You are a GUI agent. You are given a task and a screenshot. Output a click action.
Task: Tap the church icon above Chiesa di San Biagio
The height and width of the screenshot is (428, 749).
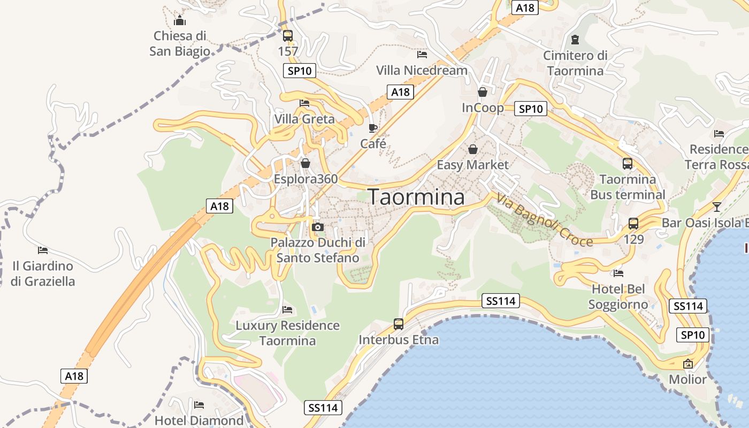tap(180, 21)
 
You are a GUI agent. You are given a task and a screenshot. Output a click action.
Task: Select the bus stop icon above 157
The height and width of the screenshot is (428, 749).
tap(288, 36)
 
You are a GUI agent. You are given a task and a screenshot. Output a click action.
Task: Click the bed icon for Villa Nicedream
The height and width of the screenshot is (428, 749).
tap(422, 54)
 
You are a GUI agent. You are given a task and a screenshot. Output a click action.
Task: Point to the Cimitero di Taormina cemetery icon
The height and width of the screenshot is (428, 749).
tap(575, 39)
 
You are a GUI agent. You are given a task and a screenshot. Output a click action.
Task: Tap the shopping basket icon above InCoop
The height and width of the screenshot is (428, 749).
tap(483, 91)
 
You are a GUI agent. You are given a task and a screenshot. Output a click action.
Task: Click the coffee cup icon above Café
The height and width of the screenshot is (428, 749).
tap(373, 128)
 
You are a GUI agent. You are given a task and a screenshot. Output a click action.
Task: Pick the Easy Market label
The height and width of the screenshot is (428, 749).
tap(472, 165)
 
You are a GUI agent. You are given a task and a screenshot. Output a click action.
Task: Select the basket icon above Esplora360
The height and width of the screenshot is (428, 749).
tap(305, 163)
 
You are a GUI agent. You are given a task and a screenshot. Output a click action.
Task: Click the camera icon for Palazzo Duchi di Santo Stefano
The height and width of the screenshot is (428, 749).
tap(318, 227)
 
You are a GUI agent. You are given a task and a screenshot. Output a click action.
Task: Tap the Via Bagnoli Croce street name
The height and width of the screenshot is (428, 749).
tap(545, 219)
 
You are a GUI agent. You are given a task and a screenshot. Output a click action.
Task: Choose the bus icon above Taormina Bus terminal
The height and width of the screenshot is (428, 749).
tap(628, 164)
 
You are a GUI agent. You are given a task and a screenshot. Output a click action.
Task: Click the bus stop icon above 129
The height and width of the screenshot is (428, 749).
tap(633, 224)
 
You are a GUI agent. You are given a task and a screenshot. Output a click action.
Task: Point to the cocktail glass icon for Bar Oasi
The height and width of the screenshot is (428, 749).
tap(717, 207)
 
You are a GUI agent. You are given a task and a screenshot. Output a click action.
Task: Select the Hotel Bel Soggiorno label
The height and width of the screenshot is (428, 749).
tap(618, 297)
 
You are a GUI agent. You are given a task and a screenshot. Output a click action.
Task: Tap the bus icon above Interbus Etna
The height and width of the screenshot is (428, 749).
tap(399, 324)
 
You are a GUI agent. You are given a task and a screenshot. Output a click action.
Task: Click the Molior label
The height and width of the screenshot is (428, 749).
tap(688, 379)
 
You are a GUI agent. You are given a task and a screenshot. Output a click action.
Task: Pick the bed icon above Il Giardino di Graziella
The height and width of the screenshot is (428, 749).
tap(43, 250)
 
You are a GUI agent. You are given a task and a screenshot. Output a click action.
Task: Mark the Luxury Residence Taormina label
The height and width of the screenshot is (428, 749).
tap(288, 333)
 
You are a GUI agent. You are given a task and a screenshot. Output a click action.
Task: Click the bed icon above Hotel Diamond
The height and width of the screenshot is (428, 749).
tap(199, 404)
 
